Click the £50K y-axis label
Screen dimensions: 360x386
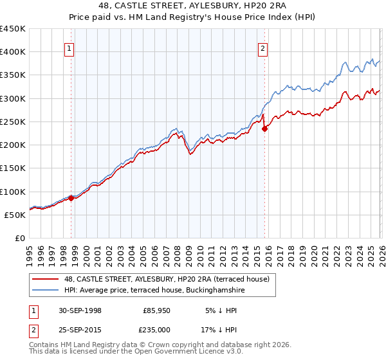click(15, 215)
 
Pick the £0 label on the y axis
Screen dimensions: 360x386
click(21, 238)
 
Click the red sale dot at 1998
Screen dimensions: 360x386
click(71, 198)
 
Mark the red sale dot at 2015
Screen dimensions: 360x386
click(264, 129)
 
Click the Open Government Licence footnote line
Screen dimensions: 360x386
click(122, 353)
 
